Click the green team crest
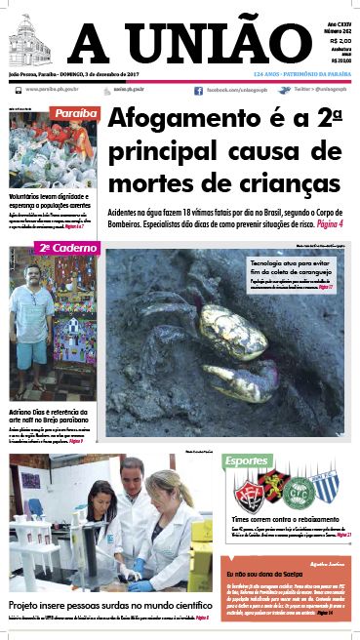pos(297,486)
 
